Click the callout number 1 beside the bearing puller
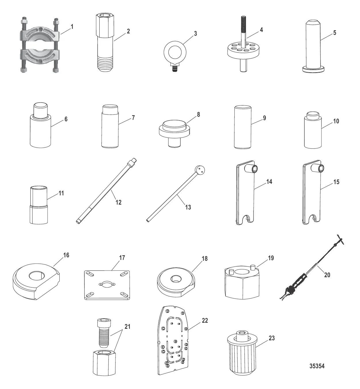coord(72,27)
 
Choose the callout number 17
coord(122,258)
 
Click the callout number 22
coord(205,321)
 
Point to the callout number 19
coord(271,258)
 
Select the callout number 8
coord(198,114)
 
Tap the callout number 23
coord(272,338)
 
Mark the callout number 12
coord(118,202)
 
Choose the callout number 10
coord(336,121)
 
